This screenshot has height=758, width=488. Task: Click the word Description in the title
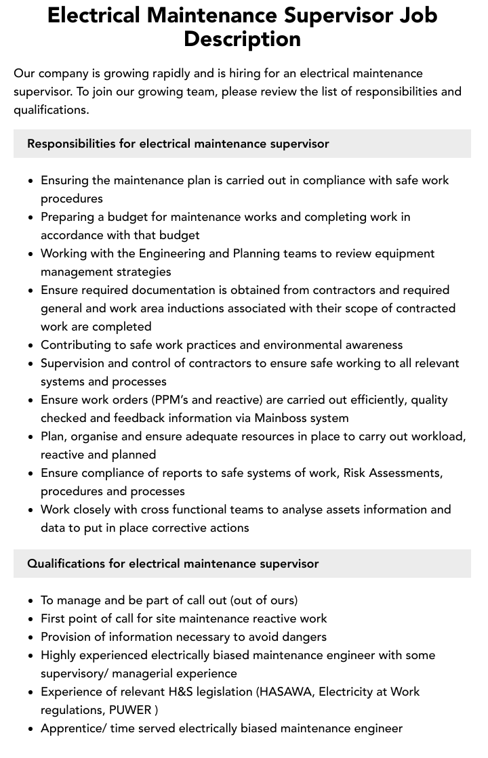click(x=242, y=39)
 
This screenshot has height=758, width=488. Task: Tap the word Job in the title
click(x=415, y=14)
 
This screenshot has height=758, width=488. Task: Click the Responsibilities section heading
click(x=178, y=144)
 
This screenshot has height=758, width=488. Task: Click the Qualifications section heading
click(x=173, y=564)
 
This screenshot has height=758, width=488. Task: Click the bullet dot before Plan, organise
click(x=30, y=437)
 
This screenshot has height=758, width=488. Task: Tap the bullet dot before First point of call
click(x=30, y=619)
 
